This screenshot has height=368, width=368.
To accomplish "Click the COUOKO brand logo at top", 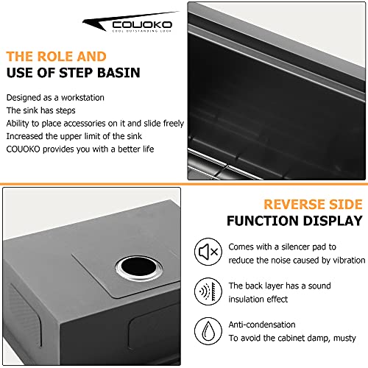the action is coord(130,22).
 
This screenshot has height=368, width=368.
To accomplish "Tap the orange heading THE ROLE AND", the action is coord(56,57).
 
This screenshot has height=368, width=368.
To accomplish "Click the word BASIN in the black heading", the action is coord(118,73).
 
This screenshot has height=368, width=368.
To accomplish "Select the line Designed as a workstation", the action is coord(55,98).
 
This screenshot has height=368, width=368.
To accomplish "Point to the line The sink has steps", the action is coord(40,110).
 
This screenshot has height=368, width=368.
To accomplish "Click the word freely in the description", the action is coord(174,124).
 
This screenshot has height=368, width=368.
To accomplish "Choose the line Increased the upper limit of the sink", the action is coord(74,136).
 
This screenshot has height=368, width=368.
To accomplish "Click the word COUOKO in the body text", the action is coord(23,149).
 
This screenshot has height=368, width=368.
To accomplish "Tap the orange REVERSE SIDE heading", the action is coord(313,205).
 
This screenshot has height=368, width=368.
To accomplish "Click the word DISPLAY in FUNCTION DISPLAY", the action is coord(333,221).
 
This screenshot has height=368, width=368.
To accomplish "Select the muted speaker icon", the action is coord(208,252).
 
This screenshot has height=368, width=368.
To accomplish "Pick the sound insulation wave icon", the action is coord(208,291).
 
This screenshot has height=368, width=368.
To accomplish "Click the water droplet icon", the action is coord(208,331).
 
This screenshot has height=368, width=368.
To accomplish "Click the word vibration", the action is coord(349,261).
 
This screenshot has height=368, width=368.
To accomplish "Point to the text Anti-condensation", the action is coord(262,325).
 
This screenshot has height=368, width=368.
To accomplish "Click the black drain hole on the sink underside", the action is coord(138,267).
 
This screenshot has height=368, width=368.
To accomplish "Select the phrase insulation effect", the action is coord(258,300).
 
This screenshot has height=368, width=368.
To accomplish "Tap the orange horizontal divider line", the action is coord(184,184).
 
